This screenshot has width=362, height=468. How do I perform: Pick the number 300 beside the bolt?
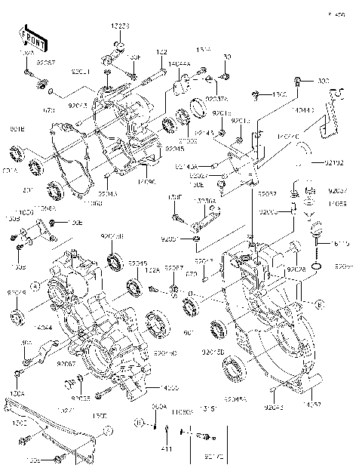(323, 81)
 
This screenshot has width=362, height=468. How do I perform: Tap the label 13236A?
(205, 201)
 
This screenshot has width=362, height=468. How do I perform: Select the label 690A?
(159, 407)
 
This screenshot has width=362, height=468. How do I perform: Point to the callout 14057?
(314, 405)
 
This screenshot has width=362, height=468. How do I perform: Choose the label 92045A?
(235, 399)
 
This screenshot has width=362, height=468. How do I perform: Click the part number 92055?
(81, 398)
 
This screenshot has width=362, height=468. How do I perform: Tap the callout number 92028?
(295, 269)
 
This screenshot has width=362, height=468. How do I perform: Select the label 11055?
(337, 203)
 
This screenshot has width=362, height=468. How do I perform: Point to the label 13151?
(209, 408)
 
